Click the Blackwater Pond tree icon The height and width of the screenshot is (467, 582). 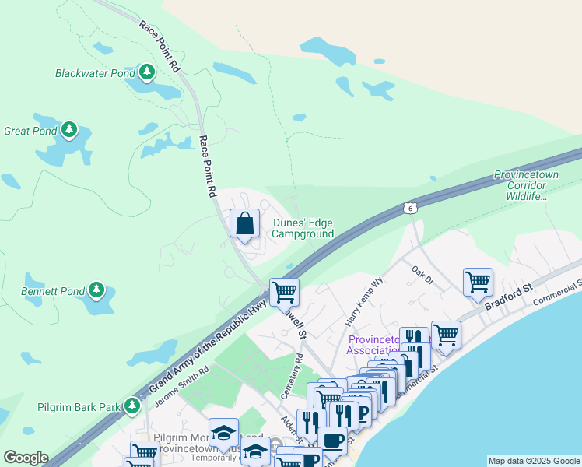(x=146, y=72)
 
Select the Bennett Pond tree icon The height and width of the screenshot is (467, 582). (x=96, y=290)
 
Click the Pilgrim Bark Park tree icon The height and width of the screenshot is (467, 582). (x=133, y=406)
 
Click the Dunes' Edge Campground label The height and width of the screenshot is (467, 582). (x=303, y=228)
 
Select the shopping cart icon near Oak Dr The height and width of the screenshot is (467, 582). (x=477, y=282)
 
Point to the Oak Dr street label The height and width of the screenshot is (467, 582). (x=422, y=272)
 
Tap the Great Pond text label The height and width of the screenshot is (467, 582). (x=31, y=131)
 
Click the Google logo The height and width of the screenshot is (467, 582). (x=26, y=458)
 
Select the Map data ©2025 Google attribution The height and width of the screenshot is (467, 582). (x=533, y=461)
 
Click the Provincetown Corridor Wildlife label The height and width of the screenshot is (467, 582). (x=537, y=186)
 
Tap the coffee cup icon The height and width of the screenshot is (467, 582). (x=332, y=440)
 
